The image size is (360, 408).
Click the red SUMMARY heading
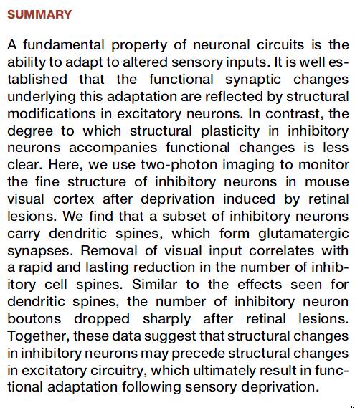click(39, 14)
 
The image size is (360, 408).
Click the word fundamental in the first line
click(64, 45)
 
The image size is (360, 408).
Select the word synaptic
click(253, 80)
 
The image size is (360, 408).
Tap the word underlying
click(42, 97)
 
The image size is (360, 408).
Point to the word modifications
click(52, 114)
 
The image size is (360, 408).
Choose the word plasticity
click(230, 131)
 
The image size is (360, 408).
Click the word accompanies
click(113, 148)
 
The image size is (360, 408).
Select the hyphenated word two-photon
click(179, 165)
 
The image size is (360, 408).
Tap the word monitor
click(323, 165)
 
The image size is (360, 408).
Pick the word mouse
click(327, 182)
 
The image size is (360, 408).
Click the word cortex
click(74, 199)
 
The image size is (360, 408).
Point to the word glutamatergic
click(303, 234)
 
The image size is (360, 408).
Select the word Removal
click(109, 251)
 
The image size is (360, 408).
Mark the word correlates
click(282, 251)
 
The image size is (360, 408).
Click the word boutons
click(34, 319)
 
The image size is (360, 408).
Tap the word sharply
click(166, 320)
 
